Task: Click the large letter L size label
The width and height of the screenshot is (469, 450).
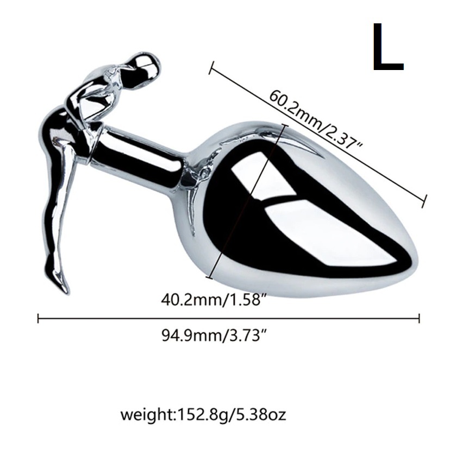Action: pyautogui.click(x=387, y=47)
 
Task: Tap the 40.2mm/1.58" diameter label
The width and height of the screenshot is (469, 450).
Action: pyautogui.click(x=214, y=299)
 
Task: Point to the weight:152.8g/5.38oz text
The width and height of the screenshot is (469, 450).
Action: pyautogui.click(x=203, y=414)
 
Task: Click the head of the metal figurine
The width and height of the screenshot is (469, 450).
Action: pyautogui.click(x=147, y=66)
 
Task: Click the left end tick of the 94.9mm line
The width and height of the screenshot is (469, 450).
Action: pyautogui.click(x=38, y=318)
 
